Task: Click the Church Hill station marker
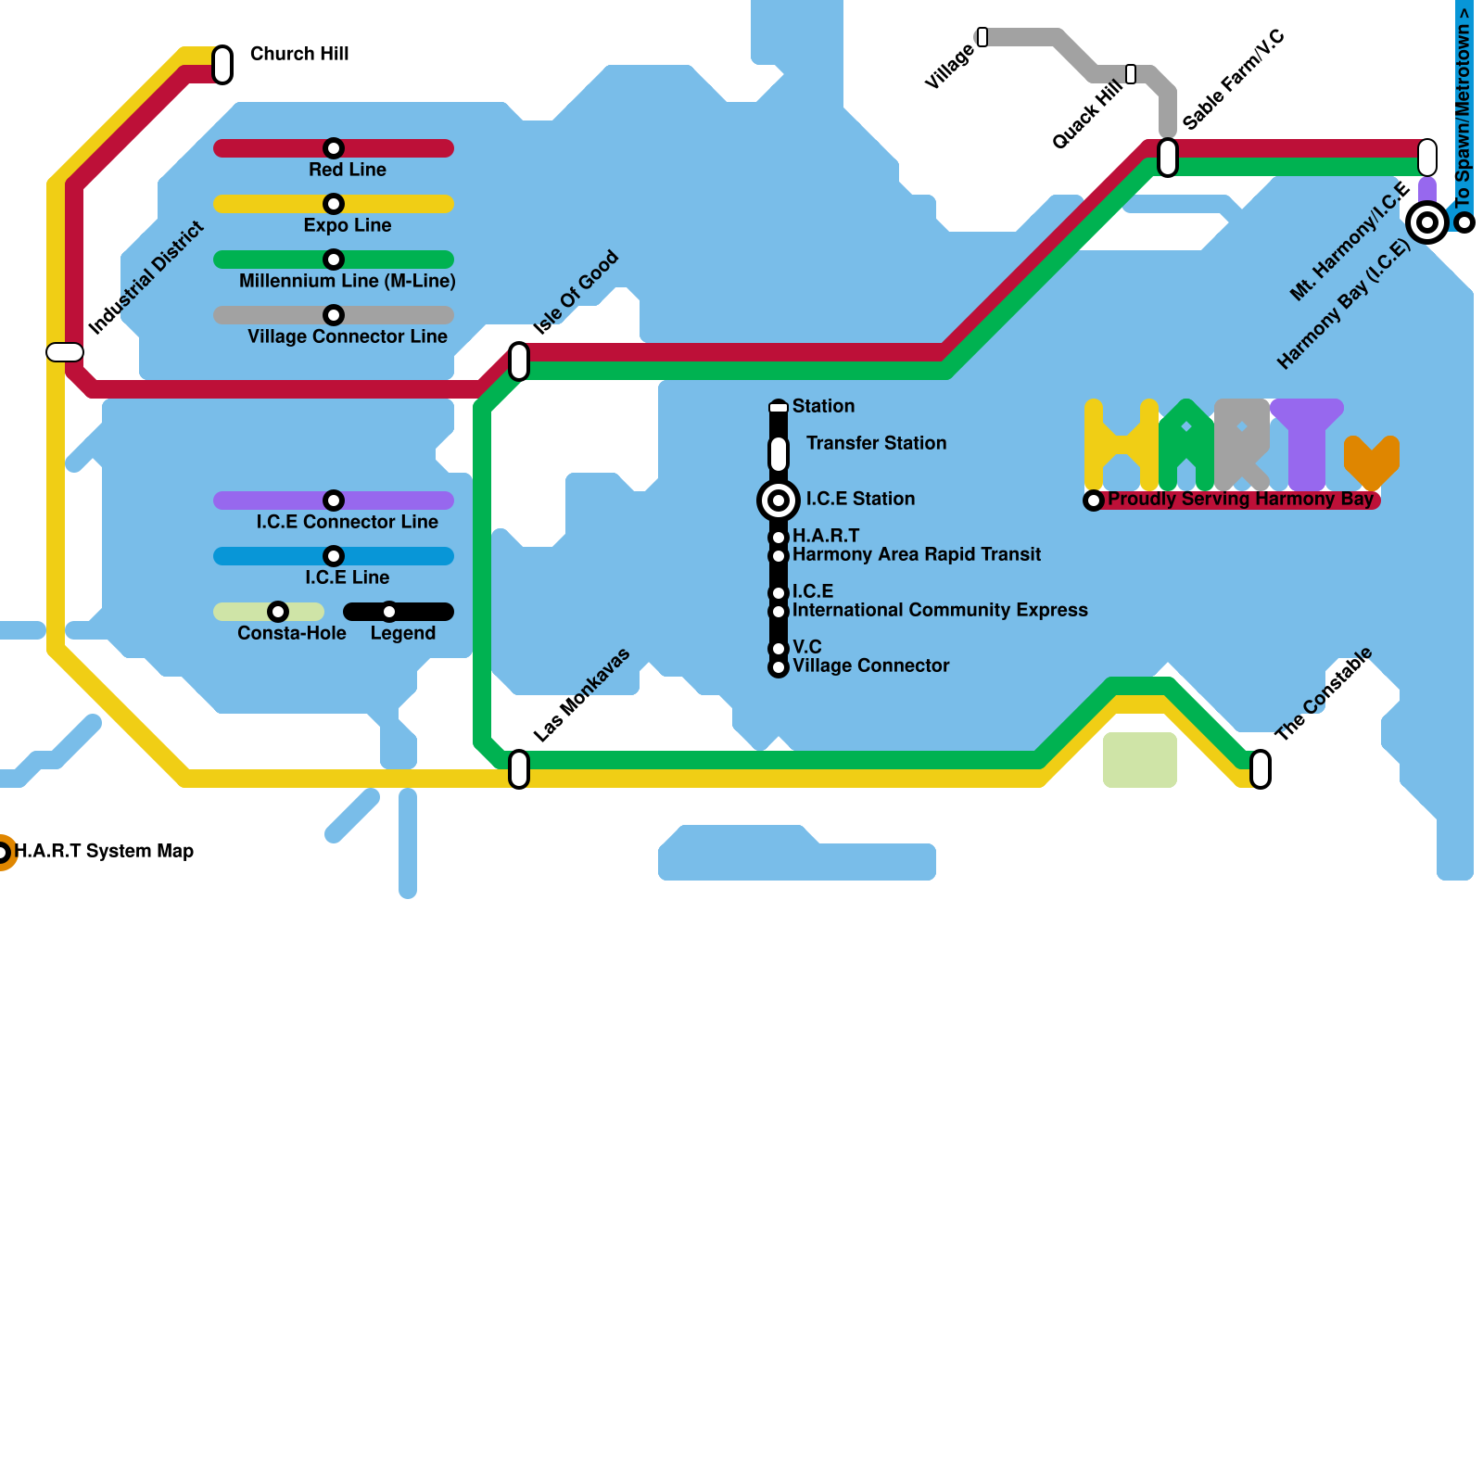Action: (222, 64)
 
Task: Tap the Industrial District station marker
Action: (65, 352)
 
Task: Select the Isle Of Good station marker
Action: (519, 361)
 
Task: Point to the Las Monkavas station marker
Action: (519, 769)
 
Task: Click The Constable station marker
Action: (1261, 769)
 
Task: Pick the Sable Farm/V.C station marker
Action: (1168, 157)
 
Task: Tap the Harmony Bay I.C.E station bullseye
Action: (1427, 222)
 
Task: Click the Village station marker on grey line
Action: (982, 37)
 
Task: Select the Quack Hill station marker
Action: (1131, 74)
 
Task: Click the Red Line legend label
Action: (348, 170)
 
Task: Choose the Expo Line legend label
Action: (348, 225)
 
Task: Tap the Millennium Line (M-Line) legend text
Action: (348, 281)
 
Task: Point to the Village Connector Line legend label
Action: (348, 336)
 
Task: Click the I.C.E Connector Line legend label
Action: (348, 522)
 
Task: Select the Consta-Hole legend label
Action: (292, 633)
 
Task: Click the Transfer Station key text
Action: (876, 443)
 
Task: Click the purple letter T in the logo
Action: (1307, 445)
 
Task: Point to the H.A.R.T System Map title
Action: (104, 851)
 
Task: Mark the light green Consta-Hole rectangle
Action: (1140, 760)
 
